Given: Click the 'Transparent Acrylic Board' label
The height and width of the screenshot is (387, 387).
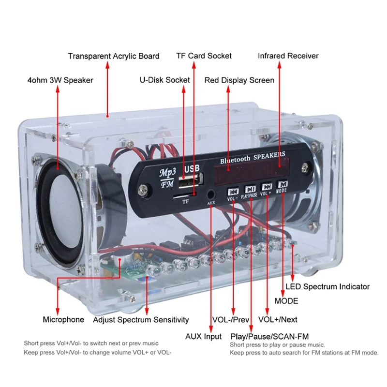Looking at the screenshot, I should click(114, 56).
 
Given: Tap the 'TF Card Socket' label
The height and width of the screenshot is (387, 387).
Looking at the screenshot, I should click(203, 56).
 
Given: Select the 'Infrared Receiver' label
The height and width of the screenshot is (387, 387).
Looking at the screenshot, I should click(288, 56).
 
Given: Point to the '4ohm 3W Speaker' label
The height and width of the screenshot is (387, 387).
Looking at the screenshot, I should click(60, 80).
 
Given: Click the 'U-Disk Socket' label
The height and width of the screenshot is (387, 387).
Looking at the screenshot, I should click(164, 80).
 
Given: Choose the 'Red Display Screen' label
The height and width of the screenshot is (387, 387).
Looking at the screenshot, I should click(239, 80).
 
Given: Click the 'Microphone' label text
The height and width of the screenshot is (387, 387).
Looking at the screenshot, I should click(63, 320).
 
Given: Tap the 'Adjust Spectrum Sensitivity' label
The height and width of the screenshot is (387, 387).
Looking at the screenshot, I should click(141, 320).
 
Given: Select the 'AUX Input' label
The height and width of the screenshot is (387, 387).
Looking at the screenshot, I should click(204, 336).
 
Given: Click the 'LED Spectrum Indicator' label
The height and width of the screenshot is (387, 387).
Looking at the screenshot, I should click(327, 287).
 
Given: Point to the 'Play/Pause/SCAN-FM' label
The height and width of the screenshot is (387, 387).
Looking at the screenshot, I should click(269, 336).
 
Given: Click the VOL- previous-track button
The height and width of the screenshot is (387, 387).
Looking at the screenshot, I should click(233, 191).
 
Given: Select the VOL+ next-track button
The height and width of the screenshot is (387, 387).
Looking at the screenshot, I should click(267, 187).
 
